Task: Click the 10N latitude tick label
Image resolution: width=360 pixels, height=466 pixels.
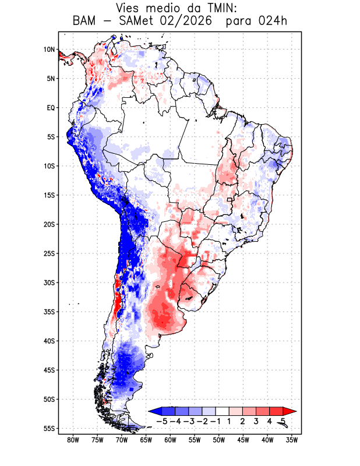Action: (49, 50)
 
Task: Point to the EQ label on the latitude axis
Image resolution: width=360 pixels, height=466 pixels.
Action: (51, 108)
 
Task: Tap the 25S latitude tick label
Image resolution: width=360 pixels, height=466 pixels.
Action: (49, 253)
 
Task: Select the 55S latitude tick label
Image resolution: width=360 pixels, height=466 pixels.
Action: (49, 429)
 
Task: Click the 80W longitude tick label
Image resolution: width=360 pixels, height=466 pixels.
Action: (73, 440)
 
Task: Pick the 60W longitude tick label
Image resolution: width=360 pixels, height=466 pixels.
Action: (170, 440)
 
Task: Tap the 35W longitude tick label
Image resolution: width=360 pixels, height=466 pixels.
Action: (292, 440)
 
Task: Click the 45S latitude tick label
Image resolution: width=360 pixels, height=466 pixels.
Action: (49, 370)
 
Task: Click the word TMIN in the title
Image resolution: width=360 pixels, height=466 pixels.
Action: (220, 8)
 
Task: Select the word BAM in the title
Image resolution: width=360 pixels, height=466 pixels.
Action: (84, 21)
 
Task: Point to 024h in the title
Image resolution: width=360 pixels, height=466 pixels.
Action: (273, 21)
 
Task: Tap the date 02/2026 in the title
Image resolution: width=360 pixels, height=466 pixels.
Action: (186, 21)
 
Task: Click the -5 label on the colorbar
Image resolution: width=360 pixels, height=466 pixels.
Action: (162, 421)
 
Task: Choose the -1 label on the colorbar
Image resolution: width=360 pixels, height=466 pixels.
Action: (216, 421)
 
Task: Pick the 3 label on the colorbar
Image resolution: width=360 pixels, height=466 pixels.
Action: (256, 421)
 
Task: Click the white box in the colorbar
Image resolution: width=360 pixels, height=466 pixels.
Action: (223, 411)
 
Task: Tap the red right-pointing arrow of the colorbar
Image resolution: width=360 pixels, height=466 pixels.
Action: (290, 411)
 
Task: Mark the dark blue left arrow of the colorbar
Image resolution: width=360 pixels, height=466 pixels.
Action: (156, 411)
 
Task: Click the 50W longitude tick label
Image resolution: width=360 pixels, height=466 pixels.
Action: (219, 440)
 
